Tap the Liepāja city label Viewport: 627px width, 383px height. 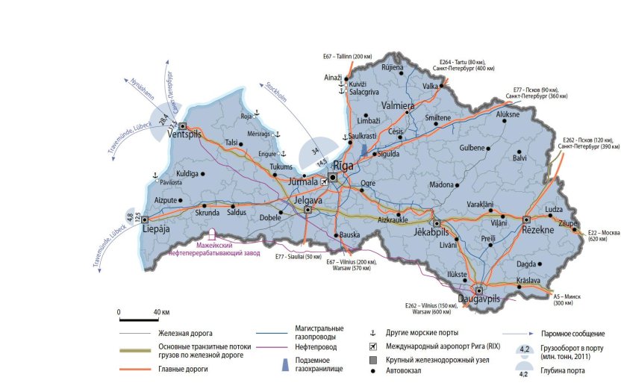pyautogui.click(x=156, y=231)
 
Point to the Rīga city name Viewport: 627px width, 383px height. pyautogui.click(x=343, y=166)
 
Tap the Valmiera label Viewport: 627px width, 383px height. pyautogui.click(x=399, y=106)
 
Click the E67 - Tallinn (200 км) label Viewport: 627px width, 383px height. pyautogui.click(x=347, y=57)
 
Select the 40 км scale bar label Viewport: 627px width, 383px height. pyautogui.click(x=160, y=311)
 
